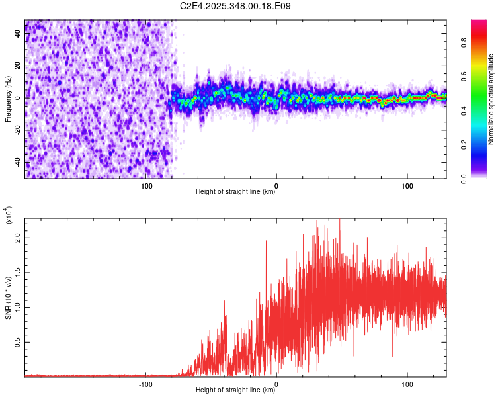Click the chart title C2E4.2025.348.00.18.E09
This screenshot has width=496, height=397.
[x=236, y=6]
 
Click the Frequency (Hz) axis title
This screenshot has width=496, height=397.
[x=8, y=99]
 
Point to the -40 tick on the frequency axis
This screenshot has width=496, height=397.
[x=18, y=163]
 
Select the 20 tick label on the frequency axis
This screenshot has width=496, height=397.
[x=18, y=66]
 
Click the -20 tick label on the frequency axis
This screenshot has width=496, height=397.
[x=18, y=130]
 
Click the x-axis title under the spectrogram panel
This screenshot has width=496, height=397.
[x=235, y=192]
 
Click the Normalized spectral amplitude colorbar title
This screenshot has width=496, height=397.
[x=491, y=99]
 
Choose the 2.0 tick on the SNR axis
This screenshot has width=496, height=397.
[x=18, y=237]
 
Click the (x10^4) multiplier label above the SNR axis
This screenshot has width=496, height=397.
[x=8, y=216]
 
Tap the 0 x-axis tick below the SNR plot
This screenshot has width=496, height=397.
[x=276, y=384]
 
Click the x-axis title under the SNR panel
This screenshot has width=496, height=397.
[x=235, y=390]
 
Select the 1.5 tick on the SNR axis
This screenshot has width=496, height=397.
[x=18, y=272]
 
